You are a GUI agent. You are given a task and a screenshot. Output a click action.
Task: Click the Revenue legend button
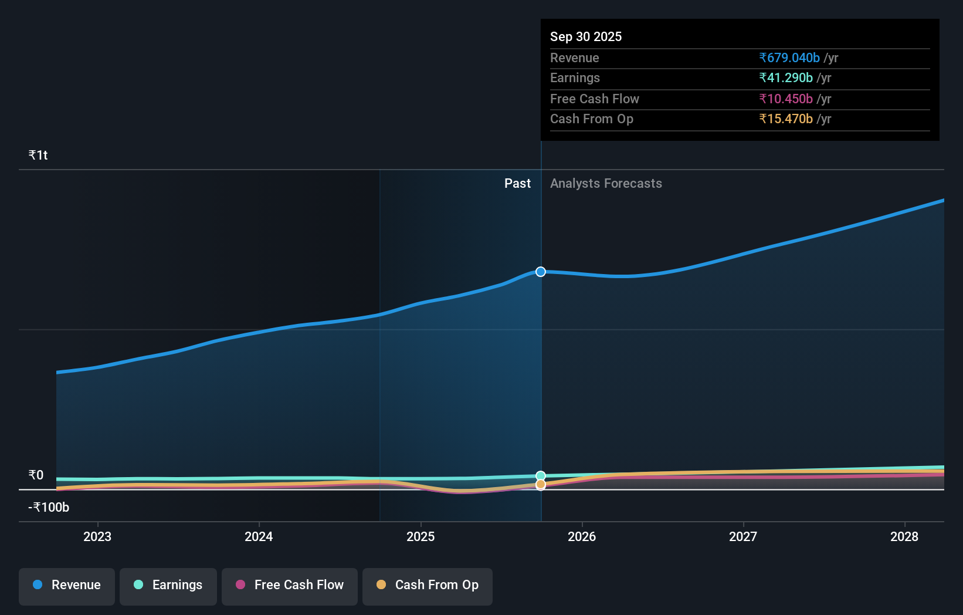pyautogui.click(x=67, y=585)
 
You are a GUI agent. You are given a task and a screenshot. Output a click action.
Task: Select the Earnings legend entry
pyautogui.click(x=168, y=585)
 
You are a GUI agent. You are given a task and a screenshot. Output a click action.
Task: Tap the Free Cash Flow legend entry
pyautogui.click(x=290, y=585)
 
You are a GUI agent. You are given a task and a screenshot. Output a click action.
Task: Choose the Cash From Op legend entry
pyautogui.click(x=428, y=585)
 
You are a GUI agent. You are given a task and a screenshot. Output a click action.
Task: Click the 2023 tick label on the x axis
pyautogui.click(x=97, y=536)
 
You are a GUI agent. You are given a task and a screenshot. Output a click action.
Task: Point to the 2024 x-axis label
pyautogui.click(x=259, y=536)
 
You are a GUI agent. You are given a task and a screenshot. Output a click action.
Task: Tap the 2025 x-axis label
pyautogui.click(x=421, y=536)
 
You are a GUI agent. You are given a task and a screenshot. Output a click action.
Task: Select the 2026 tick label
pyautogui.click(x=582, y=536)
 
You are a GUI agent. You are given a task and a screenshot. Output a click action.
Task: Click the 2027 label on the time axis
pyautogui.click(x=743, y=536)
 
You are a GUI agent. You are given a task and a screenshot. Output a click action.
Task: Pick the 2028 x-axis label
pyautogui.click(x=904, y=536)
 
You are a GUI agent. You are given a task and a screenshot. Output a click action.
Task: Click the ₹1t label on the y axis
pyautogui.click(x=38, y=155)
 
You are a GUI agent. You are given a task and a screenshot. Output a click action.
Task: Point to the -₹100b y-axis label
pyautogui.click(x=49, y=507)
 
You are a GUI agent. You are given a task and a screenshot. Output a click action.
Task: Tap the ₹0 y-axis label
pyautogui.click(x=36, y=475)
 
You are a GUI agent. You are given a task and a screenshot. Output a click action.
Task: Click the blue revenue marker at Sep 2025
pyautogui.click(x=541, y=272)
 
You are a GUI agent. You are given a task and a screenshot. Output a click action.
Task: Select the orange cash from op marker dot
pyautogui.click(x=541, y=485)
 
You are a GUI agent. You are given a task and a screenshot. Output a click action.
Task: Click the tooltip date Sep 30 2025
pyautogui.click(x=586, y=36)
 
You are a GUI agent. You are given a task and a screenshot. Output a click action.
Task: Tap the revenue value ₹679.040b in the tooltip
pyautogui.click(x=789, y=58)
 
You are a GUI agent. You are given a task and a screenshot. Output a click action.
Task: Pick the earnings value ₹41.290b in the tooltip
pyautogui.click(x=786, y=77)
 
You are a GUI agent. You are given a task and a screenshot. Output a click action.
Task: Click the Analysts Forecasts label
pyautogui.click(x=606, y=183)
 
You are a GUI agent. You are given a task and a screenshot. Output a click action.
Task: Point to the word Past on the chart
pyautogui.click(x=517, y=183)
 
